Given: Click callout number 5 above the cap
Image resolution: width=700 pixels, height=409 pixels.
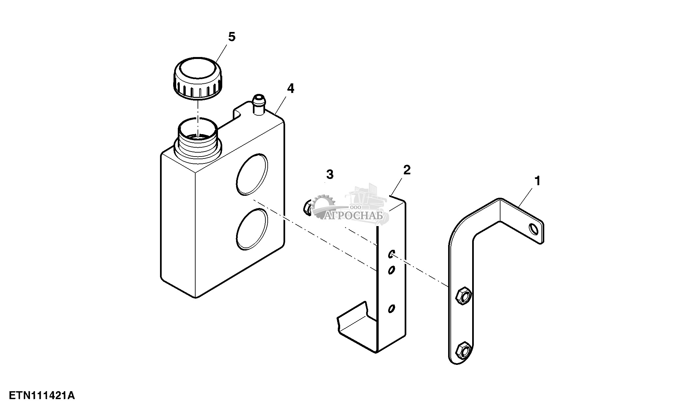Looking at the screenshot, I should point(232,37).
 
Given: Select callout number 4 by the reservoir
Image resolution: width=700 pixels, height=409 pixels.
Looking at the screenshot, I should point(290,88).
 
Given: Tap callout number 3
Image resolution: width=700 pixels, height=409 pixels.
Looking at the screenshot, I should point(330,174).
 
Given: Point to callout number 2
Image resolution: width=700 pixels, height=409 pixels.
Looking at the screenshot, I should point(407,170).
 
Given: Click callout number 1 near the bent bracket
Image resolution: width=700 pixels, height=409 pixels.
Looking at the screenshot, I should point(537,181).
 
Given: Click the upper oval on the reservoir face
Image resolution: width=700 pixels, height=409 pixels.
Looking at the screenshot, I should point(252,174).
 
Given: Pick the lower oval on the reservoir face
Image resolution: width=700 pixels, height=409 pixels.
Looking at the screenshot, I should point(252,229).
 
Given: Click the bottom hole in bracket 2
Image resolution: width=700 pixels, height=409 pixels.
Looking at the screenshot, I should point(391,308).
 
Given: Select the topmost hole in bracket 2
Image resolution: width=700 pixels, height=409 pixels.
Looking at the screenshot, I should point(391,253).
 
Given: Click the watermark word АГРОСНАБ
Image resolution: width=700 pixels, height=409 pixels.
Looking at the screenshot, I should point(354,216).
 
